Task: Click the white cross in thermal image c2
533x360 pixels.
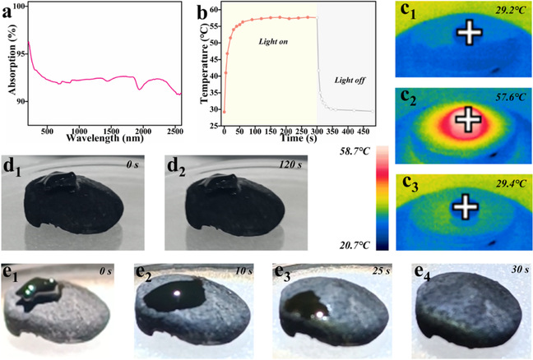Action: (467, 119)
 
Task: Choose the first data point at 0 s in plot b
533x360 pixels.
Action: (224, 112)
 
